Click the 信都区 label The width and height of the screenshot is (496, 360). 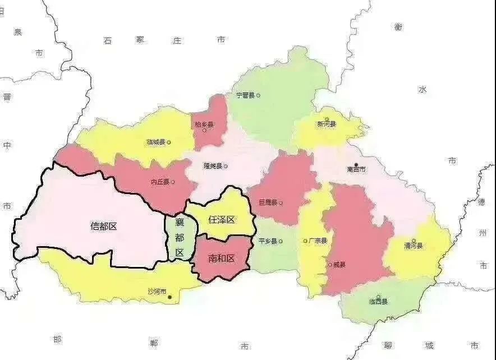click(x=103, y=227)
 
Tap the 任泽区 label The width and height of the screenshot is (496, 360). click(x=222, y=220)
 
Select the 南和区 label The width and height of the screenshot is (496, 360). click(x=221, y=259)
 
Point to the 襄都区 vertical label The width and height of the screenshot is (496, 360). click(x=180, y=237)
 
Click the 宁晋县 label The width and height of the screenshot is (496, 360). click(x=245, y=95)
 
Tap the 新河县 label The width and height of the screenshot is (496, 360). click(x=326, y=123)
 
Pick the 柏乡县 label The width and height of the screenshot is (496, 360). click(x=204, y=124)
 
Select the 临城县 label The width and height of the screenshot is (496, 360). click(x=155, y=142)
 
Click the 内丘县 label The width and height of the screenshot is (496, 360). click(x=160, y=182)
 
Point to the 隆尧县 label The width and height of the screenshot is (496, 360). click(x=213, y=166)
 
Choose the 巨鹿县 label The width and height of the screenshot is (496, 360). click(x=267, y=202)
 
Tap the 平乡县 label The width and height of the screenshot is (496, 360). click(x=267, y=241)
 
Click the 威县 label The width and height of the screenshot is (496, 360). click(x=339, y=265)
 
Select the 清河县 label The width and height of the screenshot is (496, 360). click(x=413, y=246)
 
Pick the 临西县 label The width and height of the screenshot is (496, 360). click(x=378, y=302)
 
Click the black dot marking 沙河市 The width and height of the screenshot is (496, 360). click(x=170, y=297)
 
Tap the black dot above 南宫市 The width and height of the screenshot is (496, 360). click(x=356, y=164)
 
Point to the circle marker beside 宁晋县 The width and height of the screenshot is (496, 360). click(x=258, y=95)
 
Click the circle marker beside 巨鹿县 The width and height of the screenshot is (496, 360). click(x=281, y=203)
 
